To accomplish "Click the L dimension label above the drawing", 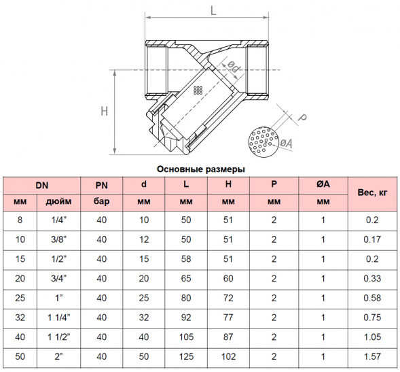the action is (x=213, y=11).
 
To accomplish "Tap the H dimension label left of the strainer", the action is (x=105, y=112).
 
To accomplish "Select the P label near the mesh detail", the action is (x=303, y=117).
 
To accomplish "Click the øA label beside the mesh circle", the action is (x=286, y=143).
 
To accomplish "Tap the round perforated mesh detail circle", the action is (x=263, y=142).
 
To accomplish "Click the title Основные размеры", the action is (x=201, y=169).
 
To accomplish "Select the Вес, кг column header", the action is (x=372, y=192).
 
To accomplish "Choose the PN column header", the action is (x=102, y=185).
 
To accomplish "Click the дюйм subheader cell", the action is (x=58, y=201).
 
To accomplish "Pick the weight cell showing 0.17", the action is (x=372, y=239).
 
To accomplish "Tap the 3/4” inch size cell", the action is (x=58, y=278).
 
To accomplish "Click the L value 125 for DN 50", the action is (x=186, y=356).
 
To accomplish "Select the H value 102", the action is (x=228, y=356).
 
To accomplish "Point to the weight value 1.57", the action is (x=372, y=356).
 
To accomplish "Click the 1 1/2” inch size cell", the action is (x=58, y=337).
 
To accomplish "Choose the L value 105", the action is (x=186, y=337).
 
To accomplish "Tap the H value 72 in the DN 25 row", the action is (x=228, y=298).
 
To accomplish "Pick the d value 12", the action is (x=144, y=239).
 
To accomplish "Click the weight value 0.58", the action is (x=372, y=298).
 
